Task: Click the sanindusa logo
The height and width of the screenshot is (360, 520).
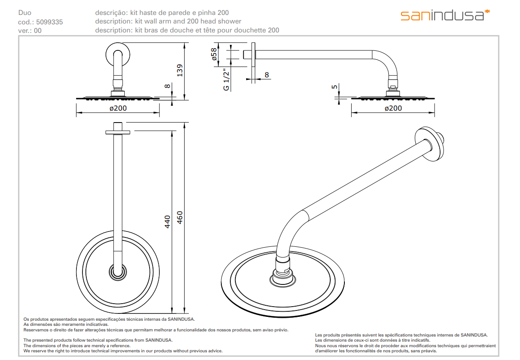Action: [444, 15]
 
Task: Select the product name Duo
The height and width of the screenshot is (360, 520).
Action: [25, 13]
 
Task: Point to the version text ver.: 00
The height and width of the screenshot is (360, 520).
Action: [30, 31]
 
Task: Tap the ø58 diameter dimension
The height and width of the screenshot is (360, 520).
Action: [215, 54]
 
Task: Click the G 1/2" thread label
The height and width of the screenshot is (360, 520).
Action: [226, 79]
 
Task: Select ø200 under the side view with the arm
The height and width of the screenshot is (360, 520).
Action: [393, 108]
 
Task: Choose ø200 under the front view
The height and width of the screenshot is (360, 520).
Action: [118, 108]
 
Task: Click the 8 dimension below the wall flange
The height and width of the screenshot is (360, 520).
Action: [267, 75]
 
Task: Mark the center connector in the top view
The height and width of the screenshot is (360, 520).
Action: [118, 271]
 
